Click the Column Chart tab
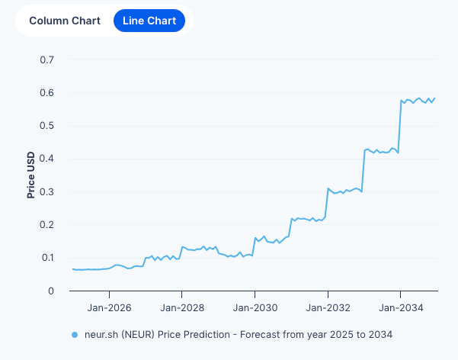[x=65, y=21]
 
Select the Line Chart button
[x=149, y=21]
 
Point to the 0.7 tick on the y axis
[x=47, y=59]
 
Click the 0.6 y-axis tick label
[x=47, y=93]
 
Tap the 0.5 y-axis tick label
[x=47, y=126]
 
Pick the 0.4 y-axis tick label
[x=47, y=159]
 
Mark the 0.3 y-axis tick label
[x=47, y=192]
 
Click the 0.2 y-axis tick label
[x=47, y=225]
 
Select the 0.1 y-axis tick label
[x=47, y=258]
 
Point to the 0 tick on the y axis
[x=51, y=291]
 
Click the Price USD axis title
[x=31, y=175]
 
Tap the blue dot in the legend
[x=74, y=335]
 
